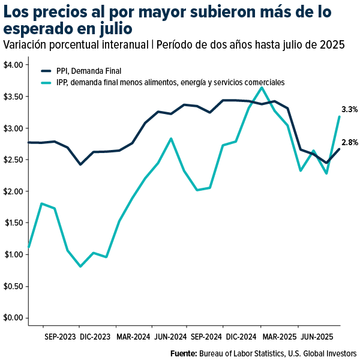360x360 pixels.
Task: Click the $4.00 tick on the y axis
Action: click(x=13, y=65)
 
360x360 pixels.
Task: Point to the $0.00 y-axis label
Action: click(x=13, y=317)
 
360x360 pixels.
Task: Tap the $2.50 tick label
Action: click(x=13, y=160)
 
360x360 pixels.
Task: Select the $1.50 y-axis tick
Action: click(x=13, y=223)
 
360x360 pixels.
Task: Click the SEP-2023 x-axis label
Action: click(x=60, y=337)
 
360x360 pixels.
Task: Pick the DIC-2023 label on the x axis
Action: click(x=95, y=337)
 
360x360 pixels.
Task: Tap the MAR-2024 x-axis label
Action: click(x=133, y=337)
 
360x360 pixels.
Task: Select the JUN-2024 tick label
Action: click(x=170, y=337)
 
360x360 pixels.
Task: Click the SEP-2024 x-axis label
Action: click(x=206, y=337)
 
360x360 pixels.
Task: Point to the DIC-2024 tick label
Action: click(x=242, y=337)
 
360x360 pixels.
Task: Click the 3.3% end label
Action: click(x=349, y=110)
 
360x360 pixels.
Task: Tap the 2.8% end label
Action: click(x=349, y=142)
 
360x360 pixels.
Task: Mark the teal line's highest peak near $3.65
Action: click(x=261, y=88)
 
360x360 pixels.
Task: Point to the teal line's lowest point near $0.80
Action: click(x=80, y=266)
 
